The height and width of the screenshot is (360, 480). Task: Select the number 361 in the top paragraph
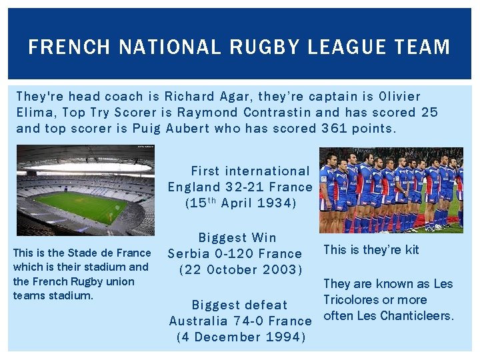pos(334,128)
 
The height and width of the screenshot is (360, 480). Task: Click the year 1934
pos(275,203)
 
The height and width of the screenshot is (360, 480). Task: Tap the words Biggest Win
pos(237,237)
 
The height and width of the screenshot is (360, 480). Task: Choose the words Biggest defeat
pos(239,305)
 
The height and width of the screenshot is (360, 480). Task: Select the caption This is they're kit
pos(371,250)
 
